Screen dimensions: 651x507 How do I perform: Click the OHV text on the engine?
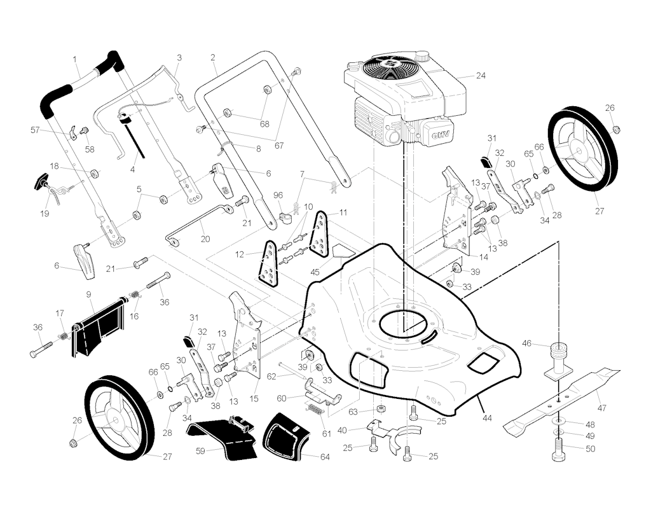click(441, 135)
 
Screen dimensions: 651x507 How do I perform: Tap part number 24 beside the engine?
click(481, 76)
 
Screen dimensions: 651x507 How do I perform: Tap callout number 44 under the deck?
click(488, 418)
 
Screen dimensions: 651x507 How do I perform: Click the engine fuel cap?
click(423, 56)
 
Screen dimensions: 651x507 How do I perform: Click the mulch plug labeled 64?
click(287, 437)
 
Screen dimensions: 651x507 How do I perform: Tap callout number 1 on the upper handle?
click(75, 59)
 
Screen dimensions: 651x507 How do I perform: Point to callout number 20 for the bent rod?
click(205, 239)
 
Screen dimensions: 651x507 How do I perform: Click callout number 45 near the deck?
click(315, 272)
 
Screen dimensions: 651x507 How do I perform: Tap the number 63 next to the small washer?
click(353, 412)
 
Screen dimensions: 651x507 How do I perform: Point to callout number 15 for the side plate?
click(254, 398)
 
